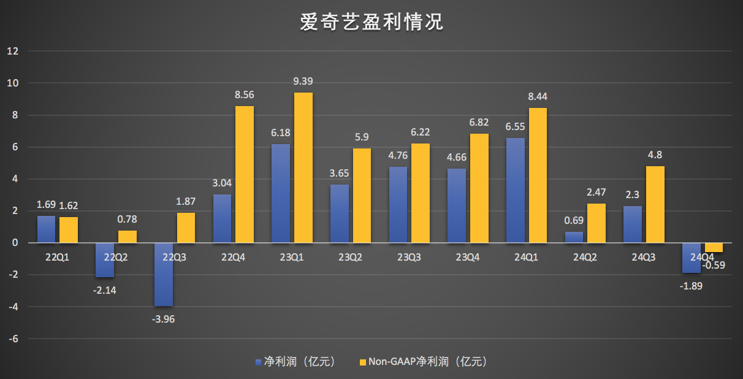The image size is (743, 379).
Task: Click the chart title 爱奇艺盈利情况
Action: click(x=371, y=23)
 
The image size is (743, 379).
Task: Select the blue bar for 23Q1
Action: click(x=281, y=193)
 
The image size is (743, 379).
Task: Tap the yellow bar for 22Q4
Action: click(x=245, y=174)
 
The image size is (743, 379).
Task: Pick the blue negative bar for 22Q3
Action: click(x=164, y=274)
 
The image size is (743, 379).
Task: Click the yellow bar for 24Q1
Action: click(x=538, y=175)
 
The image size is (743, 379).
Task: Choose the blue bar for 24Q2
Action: click(x=574, y=237)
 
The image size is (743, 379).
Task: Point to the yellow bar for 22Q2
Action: click(x=128, y=237)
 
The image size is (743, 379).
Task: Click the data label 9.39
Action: click(x=303, y=82)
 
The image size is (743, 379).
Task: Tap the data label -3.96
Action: click(x=164, y=318)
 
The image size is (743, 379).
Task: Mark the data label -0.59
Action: click(x=715, y=265)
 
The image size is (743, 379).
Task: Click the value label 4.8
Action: click(x=655, y=156)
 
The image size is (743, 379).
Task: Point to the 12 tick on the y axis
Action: click(x=13, y=51)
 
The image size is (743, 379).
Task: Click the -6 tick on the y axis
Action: click(x=13, y=339)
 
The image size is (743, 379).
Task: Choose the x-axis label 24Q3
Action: click(x=643, y=258)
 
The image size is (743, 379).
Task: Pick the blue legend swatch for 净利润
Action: click(x=259, y=362)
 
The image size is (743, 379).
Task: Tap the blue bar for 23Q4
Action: click(x=456, y=205)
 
